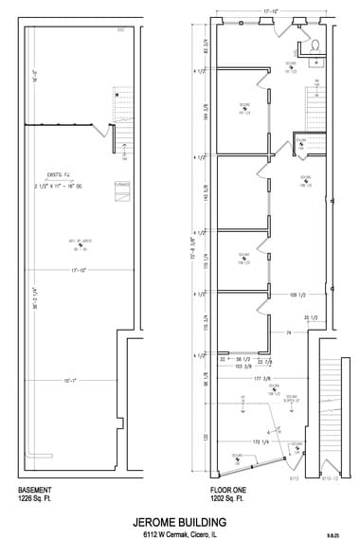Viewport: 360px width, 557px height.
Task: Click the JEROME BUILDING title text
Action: click(x=180, y=521)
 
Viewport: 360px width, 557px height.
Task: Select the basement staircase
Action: click(x=120, y=104)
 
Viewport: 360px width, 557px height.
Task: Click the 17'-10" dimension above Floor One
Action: click(x=270, y=12)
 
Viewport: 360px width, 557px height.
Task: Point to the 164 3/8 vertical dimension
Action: click(x=206, y=116)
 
